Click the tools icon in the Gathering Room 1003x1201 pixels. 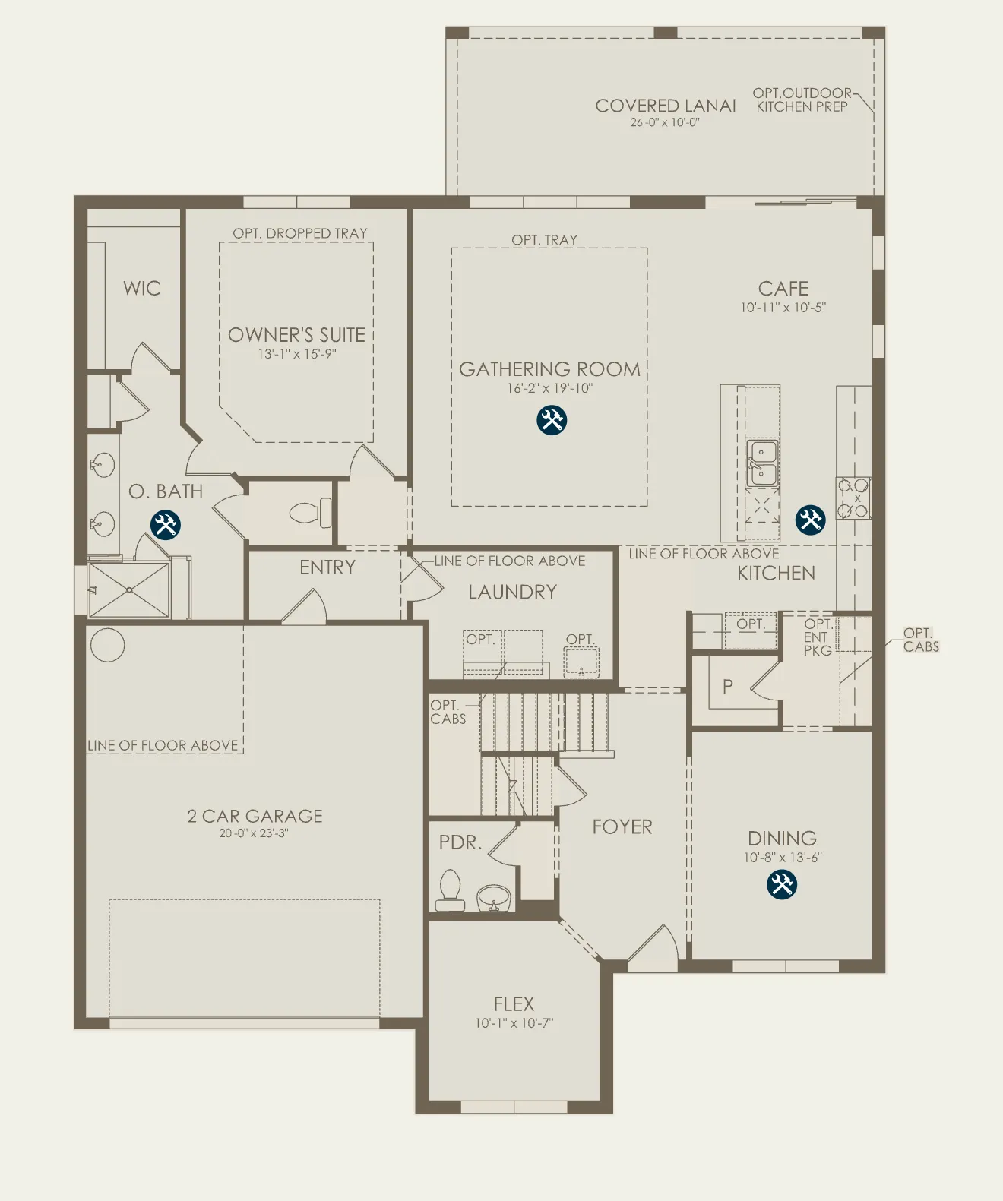552,421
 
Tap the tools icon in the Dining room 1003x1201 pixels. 781,884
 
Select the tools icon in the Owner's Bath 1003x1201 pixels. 165,525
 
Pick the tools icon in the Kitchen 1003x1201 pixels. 810,520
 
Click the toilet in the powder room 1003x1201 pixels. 450,890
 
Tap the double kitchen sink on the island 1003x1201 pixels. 762,463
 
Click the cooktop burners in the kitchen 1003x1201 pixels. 853,498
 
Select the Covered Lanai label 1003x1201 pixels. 665,106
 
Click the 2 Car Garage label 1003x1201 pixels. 255,816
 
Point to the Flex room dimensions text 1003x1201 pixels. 514,1023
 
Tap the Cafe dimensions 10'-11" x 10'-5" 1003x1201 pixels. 783,308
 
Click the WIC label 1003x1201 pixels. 141,288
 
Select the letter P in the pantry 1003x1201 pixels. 728,686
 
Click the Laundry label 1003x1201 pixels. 512,592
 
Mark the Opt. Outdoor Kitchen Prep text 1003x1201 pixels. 802,100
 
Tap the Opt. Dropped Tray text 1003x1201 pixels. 300,233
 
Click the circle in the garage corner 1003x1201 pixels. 108,646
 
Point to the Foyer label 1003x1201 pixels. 622,827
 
